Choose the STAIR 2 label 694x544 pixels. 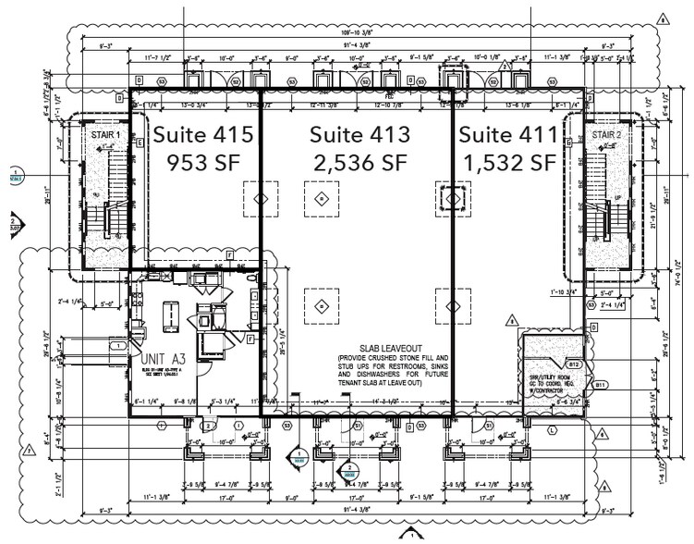coord(605,135)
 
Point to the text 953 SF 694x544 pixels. coord(202,164)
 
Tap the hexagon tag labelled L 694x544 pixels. coord(552,431)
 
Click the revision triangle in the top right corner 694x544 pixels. coord(662,17)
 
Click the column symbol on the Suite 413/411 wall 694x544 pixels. coord(451,198)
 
